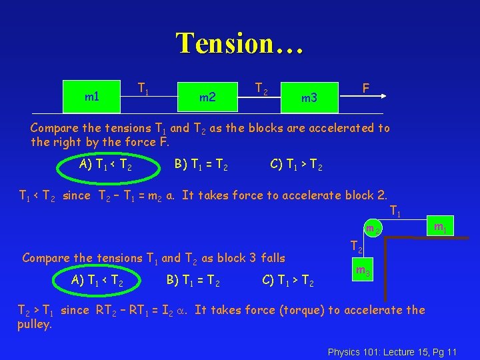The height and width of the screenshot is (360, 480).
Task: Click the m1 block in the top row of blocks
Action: (x=92, y=97)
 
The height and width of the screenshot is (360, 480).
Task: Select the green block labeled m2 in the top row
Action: (x=207, y=97)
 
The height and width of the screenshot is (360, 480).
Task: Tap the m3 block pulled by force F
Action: (x=309, y=99)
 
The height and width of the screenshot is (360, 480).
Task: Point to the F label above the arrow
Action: (x=365, y=88)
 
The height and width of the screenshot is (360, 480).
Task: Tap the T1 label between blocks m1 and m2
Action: (x=143, y=87)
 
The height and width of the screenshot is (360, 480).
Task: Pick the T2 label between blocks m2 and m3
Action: (x=262, y=87)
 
